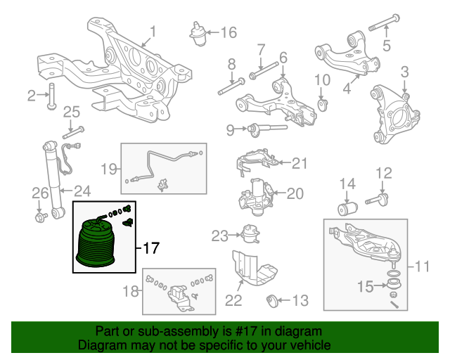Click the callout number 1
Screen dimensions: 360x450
coord(153,31)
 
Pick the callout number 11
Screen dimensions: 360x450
coord(420,266)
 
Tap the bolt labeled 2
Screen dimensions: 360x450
coord(52,96)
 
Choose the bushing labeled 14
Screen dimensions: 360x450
coord(348,209)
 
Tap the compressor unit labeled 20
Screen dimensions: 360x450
coord(256,193)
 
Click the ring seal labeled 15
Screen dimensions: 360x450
coord(394,284)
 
